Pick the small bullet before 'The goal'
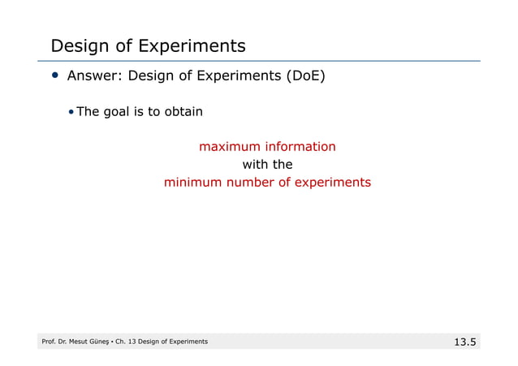pos(71,112)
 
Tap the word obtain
pos(183,112)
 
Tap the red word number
pos(248,183)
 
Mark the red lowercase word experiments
pos(330,183)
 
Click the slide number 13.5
pos(464,342)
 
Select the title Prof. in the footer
pos(50,342)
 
